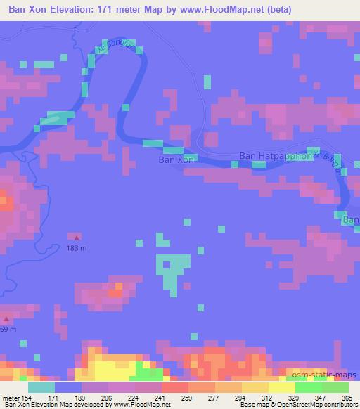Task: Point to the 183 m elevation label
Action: coord(77,247)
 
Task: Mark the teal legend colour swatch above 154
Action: coord(41,387)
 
